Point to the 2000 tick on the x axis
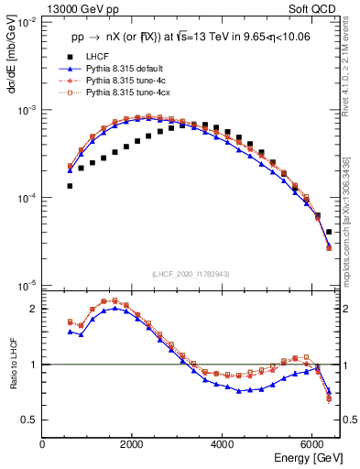coord(133,444)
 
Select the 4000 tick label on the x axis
coord(223,444)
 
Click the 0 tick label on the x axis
coord(43,444)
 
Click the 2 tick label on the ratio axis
coord(34,310)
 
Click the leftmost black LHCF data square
coord(70,186)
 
